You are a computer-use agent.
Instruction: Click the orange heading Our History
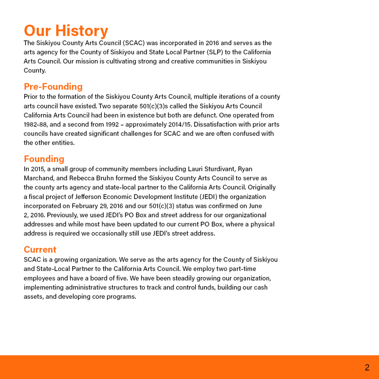(x=66, y=31)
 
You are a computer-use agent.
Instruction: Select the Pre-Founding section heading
(x=53, y=87)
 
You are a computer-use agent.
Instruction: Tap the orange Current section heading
(x=40, y=249)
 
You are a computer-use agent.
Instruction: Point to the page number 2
(x=367, y=368)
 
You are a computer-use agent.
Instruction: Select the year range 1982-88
(x=35, y=124)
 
